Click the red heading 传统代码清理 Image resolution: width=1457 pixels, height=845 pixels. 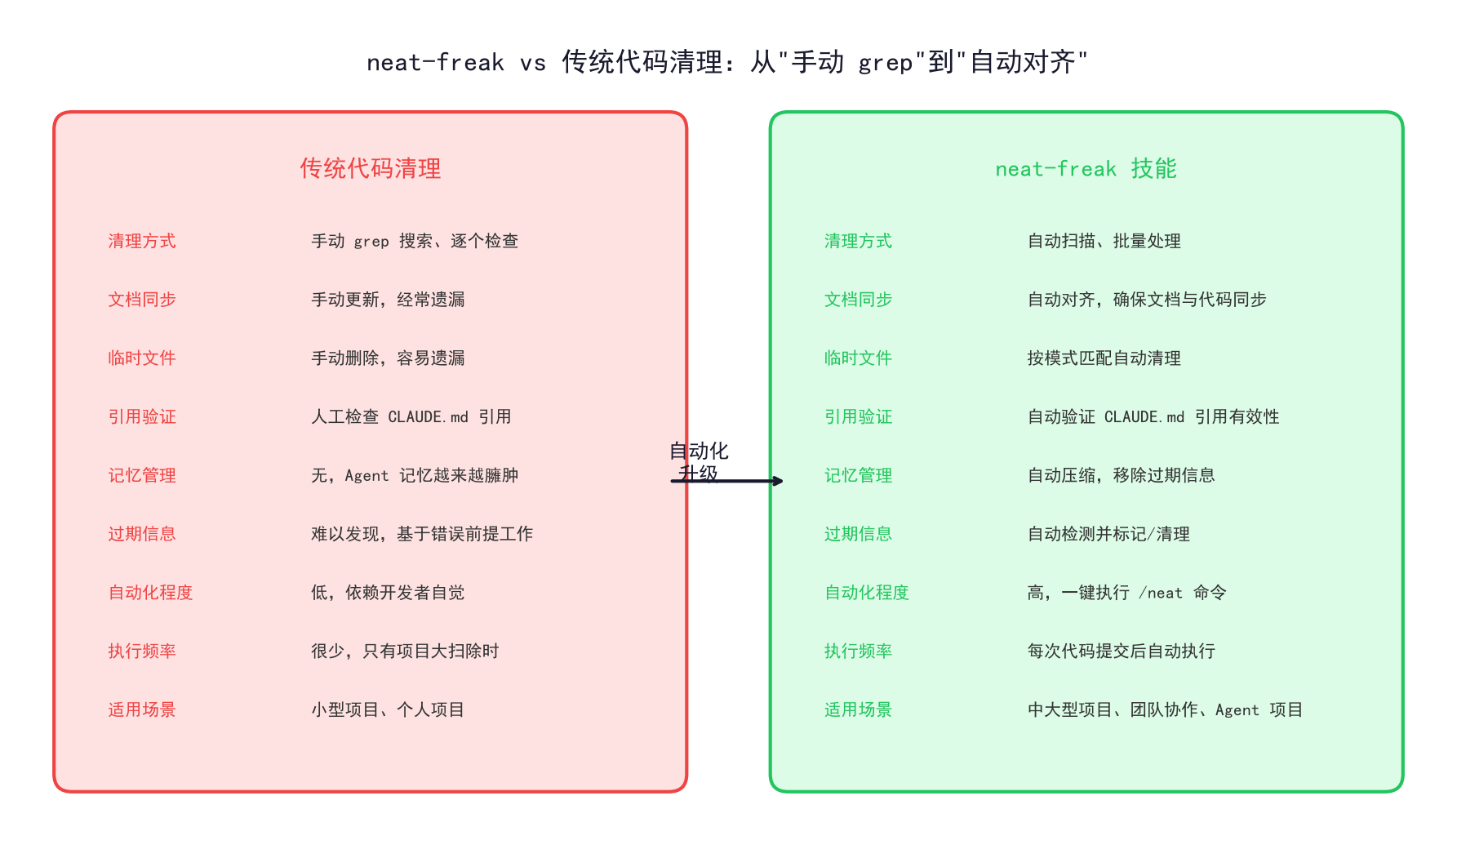coord(371,168)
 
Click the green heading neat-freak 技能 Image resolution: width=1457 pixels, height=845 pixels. coord(1086,168)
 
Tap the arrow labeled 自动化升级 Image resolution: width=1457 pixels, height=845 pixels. coord(726,481)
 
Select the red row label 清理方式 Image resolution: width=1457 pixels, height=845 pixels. coord(142,241)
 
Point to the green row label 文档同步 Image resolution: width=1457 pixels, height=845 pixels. coord(858,300)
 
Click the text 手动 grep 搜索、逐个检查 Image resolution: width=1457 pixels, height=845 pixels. coord(415,241)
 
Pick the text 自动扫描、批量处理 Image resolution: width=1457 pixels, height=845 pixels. coord(1104,241)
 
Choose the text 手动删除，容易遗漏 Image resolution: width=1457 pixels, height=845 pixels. coord(388,358)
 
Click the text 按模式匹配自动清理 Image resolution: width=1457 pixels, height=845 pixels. coord(1104,358)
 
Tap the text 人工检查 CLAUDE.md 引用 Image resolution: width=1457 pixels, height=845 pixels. coord(411,416)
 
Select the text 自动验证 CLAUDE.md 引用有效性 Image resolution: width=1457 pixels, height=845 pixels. coord(1153,416)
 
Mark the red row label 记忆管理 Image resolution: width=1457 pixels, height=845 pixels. coord(142,475)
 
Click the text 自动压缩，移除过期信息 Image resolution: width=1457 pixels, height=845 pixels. coord(1122,475)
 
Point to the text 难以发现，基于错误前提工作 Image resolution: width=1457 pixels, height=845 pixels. coord(422,534)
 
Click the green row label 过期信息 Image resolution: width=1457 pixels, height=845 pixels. coord(858,534)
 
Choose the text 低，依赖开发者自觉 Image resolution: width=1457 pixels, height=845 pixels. coord(388,592)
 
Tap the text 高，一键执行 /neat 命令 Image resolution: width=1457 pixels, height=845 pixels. coord(1127,592)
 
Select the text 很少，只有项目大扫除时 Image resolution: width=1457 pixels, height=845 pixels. coord(405,651)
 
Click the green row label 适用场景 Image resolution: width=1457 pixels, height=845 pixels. coord(858,709)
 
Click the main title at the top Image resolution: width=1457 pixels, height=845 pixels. coord(727,61)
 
